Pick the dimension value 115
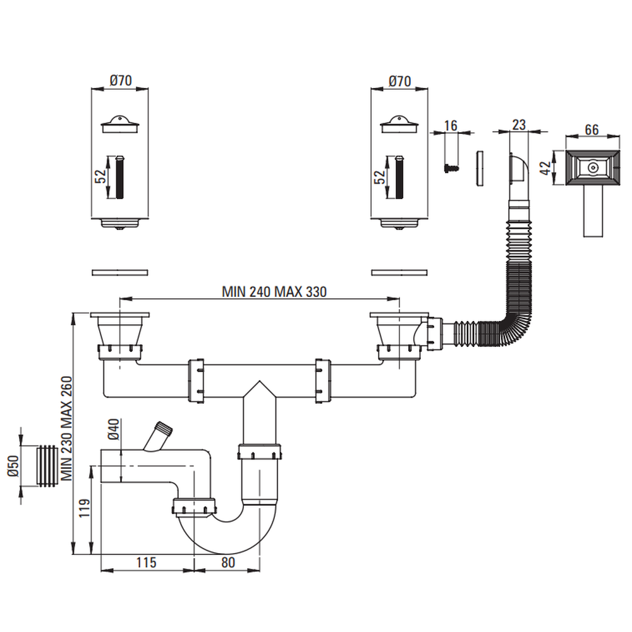click(x=145, y=562)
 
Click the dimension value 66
click(x=591, y=130)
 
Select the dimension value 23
click(x=519, y=125)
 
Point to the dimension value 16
click(x=451, y=125)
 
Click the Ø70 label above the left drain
click(x=119, y=81)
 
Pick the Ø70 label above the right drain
click(x=399, y=81)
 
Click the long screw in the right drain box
click(x=399, y=176)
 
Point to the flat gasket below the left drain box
click(x=120, y=272)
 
